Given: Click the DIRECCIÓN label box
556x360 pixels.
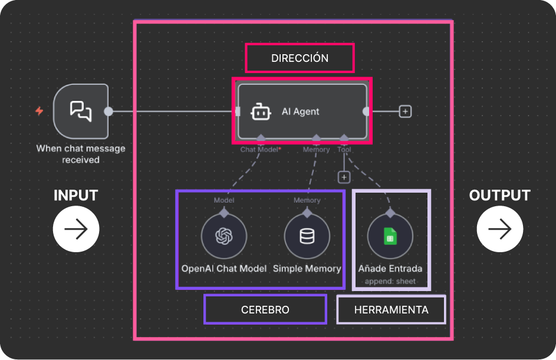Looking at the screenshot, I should point(300,58).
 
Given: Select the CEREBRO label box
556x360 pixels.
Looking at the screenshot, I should point(265,309).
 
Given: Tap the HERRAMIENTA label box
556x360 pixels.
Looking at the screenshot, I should point(391,309).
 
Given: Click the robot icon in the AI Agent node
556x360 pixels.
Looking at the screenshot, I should point(261,111).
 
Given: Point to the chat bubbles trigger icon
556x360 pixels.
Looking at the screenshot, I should point(81,111).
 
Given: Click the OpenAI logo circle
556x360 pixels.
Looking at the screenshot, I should point(223,236).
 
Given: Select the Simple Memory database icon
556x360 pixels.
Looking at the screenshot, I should point(307,236).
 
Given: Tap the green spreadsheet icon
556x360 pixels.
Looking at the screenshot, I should point(390,237).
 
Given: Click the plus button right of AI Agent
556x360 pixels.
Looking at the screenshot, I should point(405,111).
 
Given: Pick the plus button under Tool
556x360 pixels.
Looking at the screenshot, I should point(344,177).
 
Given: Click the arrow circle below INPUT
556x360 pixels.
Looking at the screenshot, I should point(76,229).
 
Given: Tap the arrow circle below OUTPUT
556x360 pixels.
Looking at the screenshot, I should point(499,229).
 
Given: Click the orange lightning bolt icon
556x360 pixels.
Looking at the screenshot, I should point(39,111).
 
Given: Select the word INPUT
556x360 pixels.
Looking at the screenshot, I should point(75,196).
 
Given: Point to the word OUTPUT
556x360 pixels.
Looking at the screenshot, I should point(499,196).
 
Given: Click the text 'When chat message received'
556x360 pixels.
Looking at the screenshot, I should point(81,154).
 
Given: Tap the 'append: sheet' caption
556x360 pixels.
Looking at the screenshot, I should point(390,281).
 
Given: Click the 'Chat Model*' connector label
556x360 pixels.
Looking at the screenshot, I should point(260,150).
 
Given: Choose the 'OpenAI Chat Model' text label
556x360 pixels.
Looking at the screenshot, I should point(223,269).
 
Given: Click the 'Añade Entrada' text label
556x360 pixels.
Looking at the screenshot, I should point(390,269).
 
